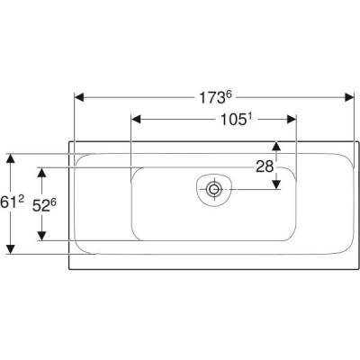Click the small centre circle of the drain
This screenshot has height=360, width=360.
[214, 189]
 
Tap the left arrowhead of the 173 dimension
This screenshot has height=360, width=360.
[79, 97]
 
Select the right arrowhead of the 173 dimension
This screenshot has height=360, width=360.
[349, 97]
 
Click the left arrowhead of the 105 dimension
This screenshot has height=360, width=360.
[137, 120]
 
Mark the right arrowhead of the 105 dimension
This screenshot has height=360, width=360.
[292, 120]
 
